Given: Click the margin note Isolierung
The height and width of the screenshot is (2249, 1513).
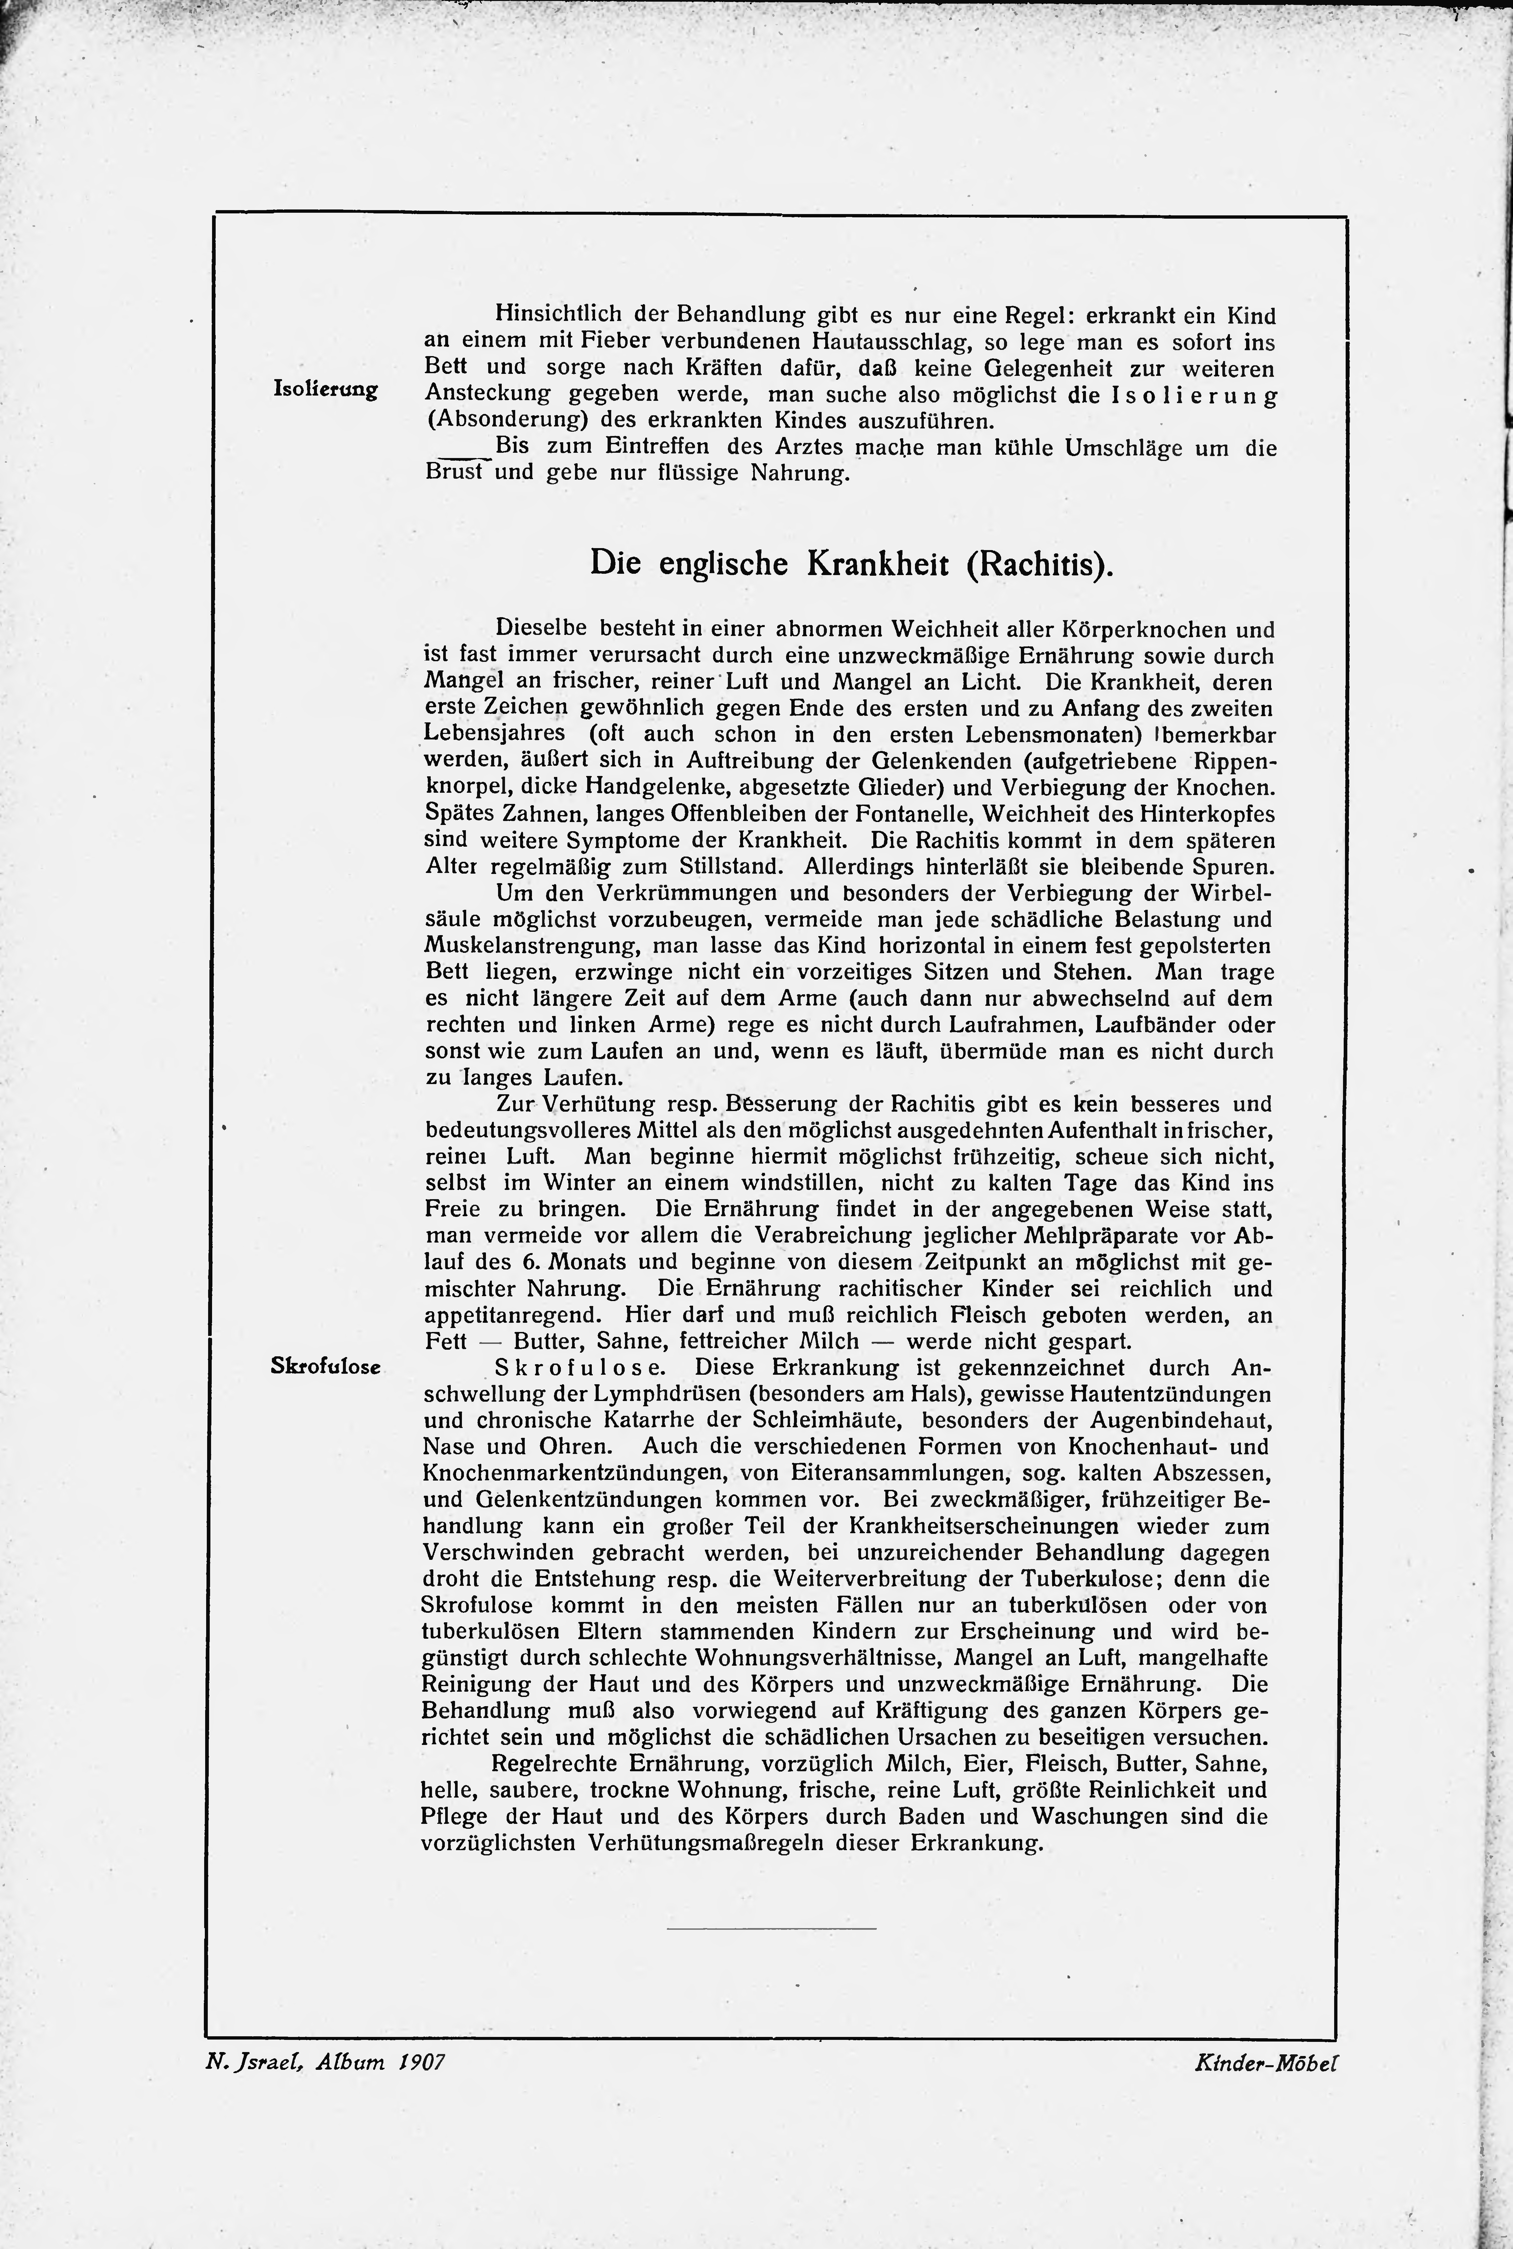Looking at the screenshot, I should click(325, 390).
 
